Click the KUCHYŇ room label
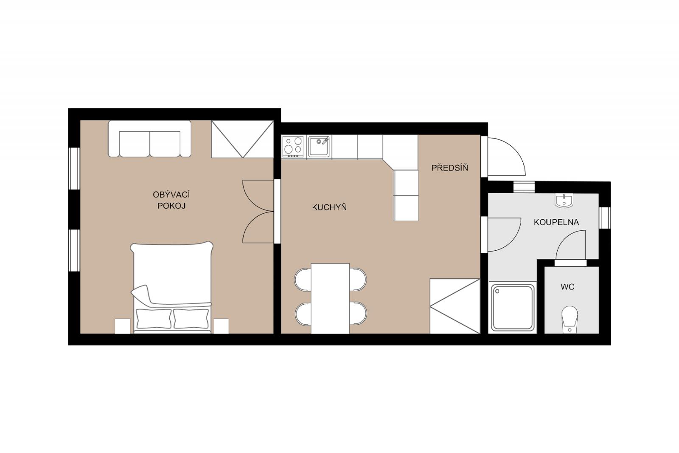pos(329,207)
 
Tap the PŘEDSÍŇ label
pos(450,167)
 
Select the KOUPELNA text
pos(556,222)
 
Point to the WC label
pos(567,287)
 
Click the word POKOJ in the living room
pos(171,206)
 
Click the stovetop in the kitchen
pos(293,147)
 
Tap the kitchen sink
pos(319,147)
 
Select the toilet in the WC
pos(570,320)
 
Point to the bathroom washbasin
pos(564,201)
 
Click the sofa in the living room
pos(150,139)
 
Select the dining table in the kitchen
pos(330,298)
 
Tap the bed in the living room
pos(172,287)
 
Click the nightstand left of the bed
pos(123,326)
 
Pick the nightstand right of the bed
pos(221,326)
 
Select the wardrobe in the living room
pos(242,139)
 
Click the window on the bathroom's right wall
pos(605,218)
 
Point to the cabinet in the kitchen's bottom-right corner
pos(455,306)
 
